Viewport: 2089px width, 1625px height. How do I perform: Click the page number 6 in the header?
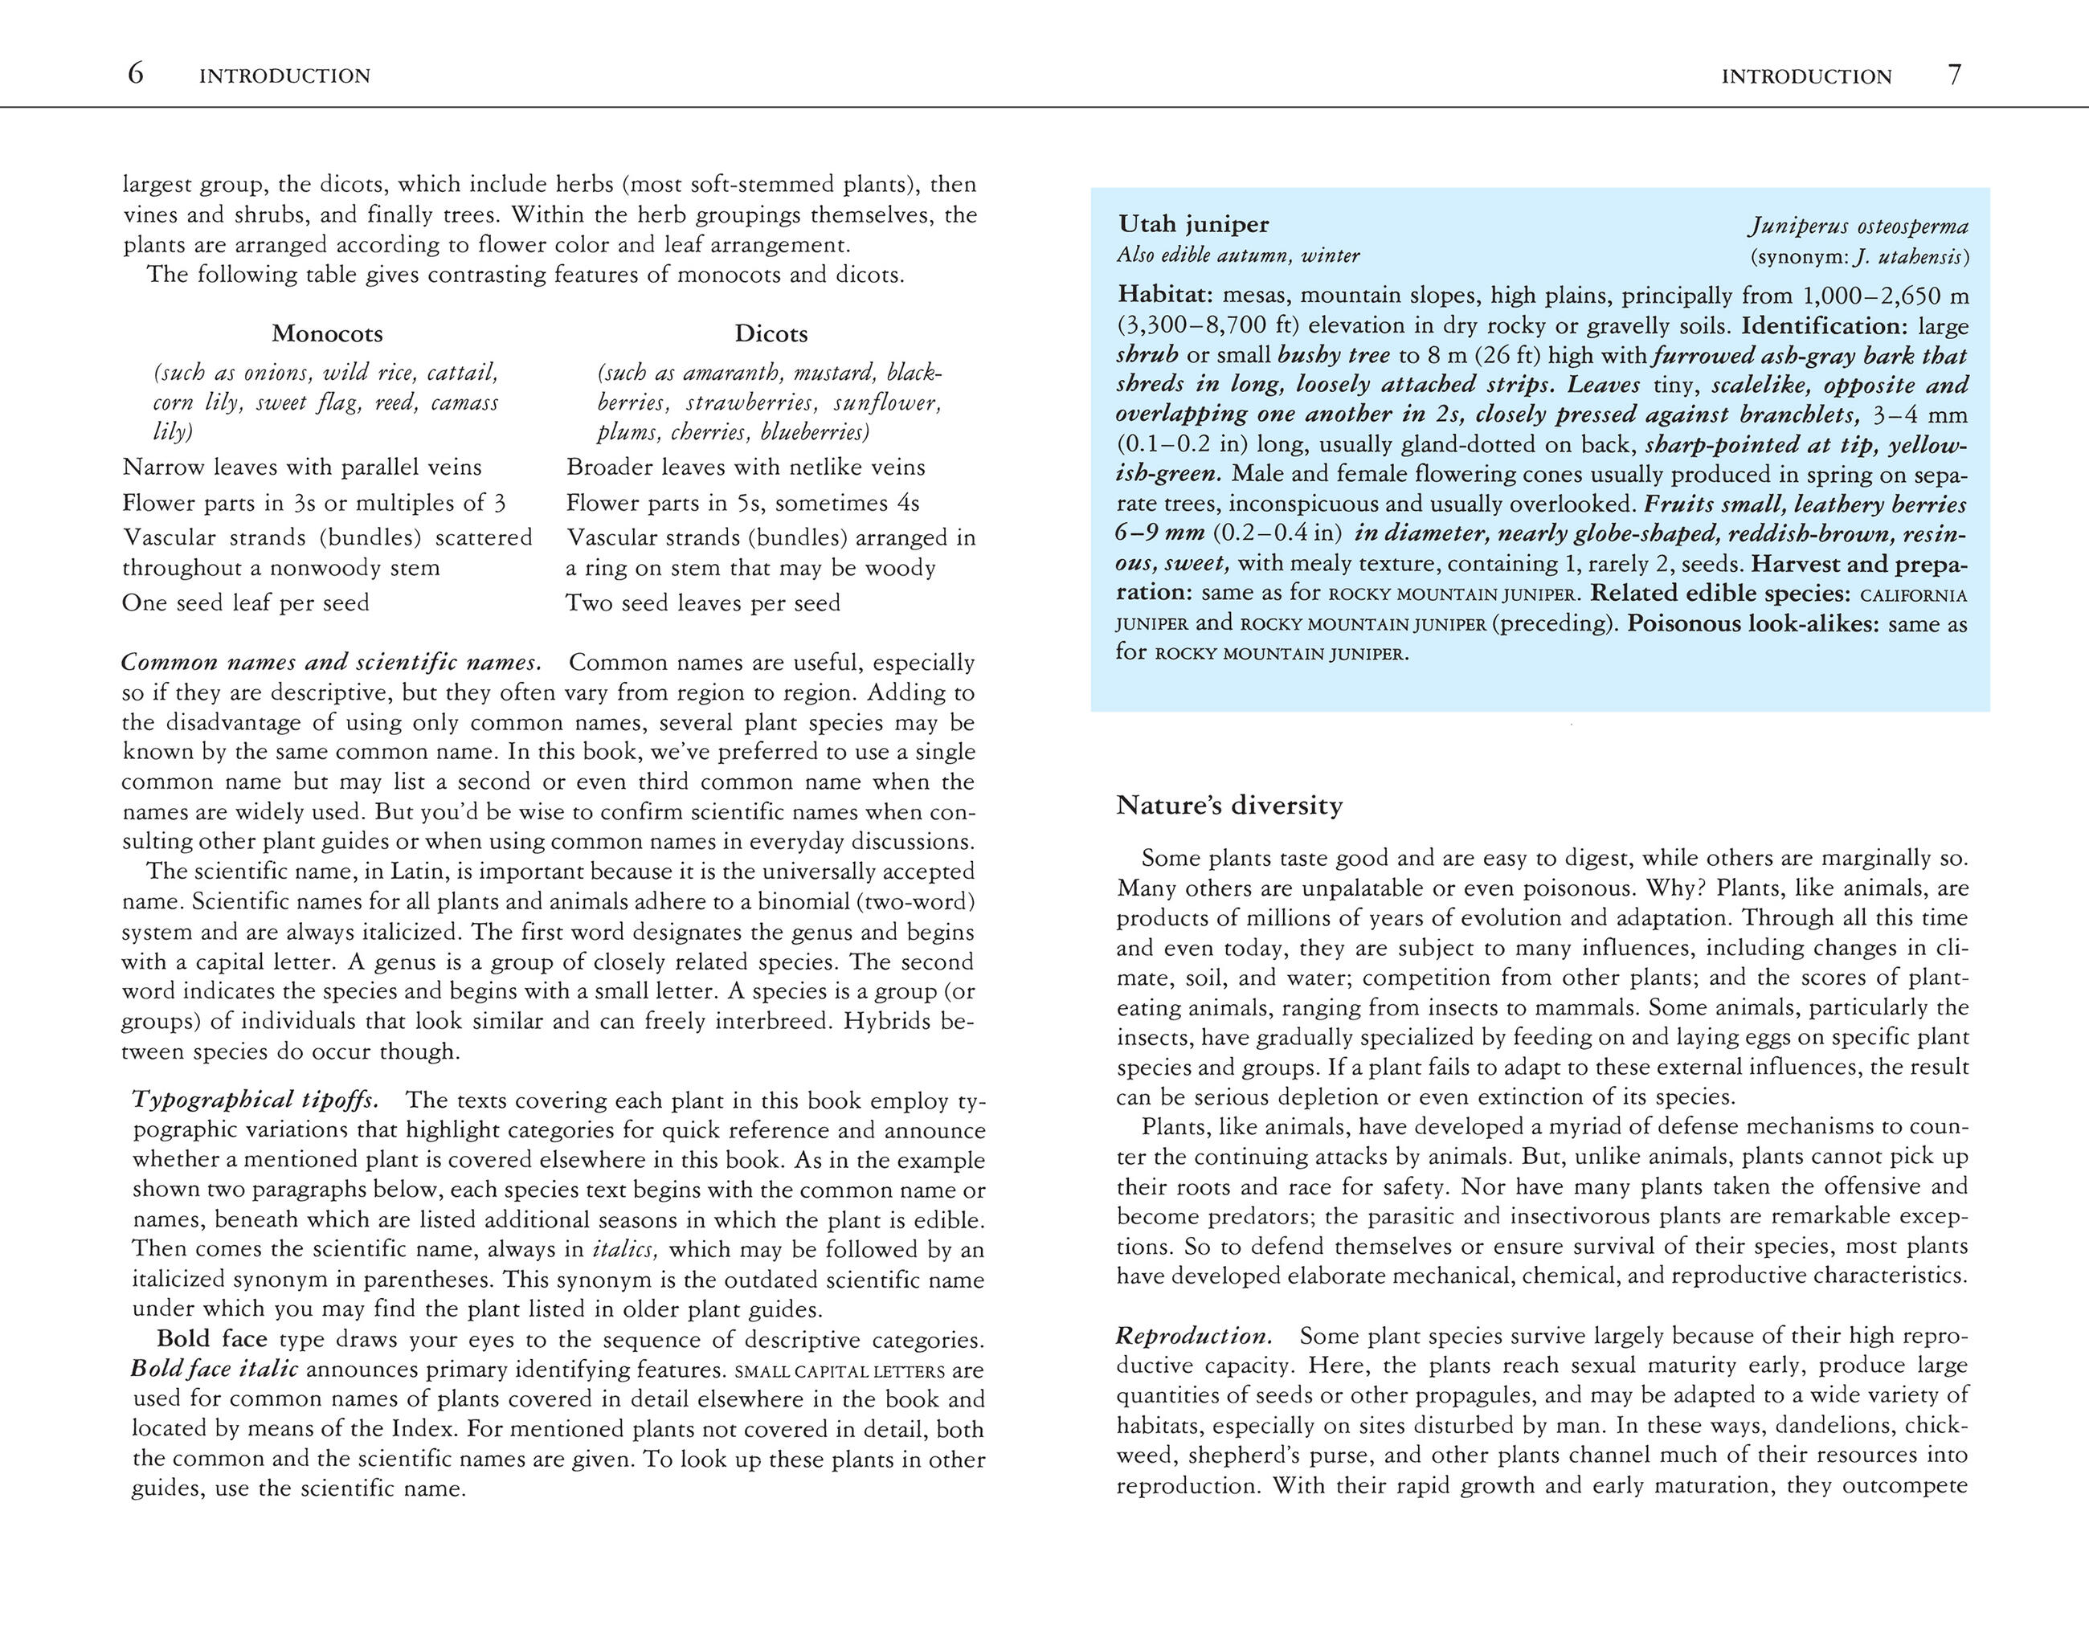136,74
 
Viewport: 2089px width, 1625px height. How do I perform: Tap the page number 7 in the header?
1954,75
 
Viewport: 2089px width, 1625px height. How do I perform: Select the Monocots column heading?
327,334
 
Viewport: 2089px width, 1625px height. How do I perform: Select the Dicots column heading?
771,334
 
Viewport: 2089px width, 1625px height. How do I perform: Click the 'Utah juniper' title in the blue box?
1194,225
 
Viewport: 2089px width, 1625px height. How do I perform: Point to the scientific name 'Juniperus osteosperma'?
1858,227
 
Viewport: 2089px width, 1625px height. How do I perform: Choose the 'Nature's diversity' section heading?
1229,806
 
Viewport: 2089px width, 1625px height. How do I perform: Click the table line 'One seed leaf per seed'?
246,602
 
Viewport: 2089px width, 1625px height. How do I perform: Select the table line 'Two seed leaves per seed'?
703,602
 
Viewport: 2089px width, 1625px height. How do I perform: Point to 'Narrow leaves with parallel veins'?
302,467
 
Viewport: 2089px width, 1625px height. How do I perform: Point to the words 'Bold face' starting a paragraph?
211,1338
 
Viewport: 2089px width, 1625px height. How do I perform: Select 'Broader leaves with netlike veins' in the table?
746,467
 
